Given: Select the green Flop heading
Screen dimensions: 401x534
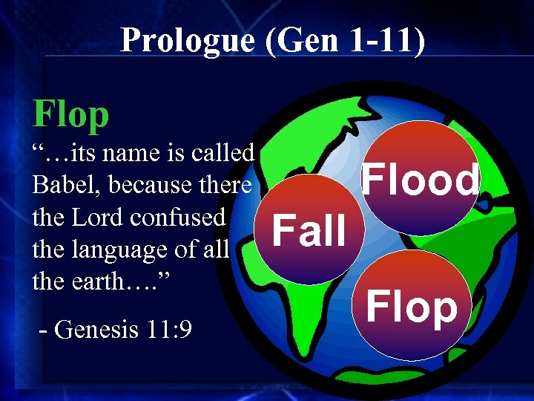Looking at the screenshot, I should click(71, 114).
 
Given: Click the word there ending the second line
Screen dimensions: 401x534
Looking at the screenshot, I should click(226, 185).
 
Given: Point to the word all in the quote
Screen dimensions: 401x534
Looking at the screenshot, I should click(215, 250).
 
